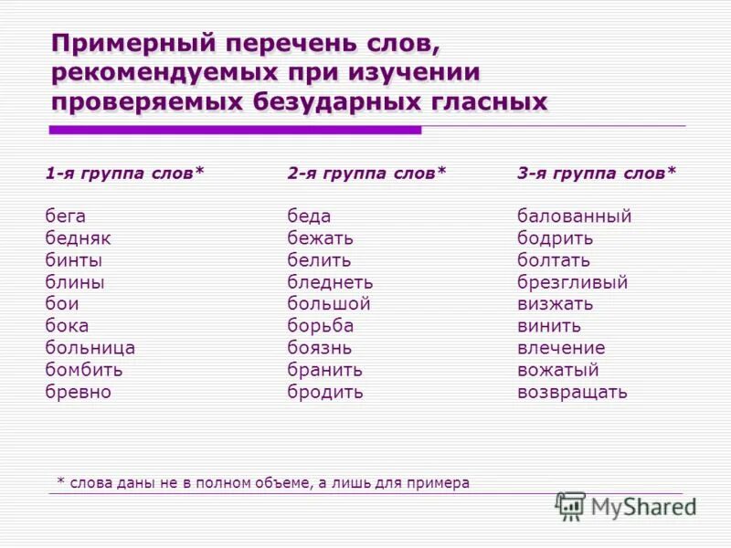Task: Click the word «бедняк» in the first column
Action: (78, 238)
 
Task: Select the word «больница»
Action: (90, 348)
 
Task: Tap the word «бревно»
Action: (78, 392)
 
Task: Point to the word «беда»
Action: (309, 216)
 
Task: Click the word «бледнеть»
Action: (330, 282)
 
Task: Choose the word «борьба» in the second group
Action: (320, 326)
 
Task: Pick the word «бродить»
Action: (324, 392)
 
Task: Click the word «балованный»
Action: (574, 216)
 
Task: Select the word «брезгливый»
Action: (572, 282)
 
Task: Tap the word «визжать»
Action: (555, 304)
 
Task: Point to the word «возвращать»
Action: (572, 392)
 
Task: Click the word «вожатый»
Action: (557, 370)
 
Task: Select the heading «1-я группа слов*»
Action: (125, 172)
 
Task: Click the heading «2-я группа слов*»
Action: (366, 172)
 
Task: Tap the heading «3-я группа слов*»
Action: (597, 172)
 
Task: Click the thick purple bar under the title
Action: (235, 131)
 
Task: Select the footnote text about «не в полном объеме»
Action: (262, 482)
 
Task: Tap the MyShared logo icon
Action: (570, 506)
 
